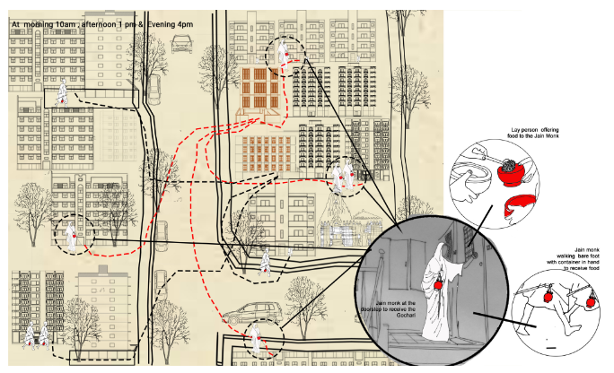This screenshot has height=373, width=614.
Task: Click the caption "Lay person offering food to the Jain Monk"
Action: [x=533, y=133]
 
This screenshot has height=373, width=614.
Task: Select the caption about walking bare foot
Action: [x=573, y=259]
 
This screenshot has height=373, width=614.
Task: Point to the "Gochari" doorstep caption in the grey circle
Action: [x=396, y=308]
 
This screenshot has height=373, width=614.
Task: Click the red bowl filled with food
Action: [x=511, y=173]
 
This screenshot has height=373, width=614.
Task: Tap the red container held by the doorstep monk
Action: [x=438, y=284]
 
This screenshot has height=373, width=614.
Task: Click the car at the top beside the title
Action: [x=181, y=44]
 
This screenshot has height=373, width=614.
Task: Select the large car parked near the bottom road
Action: [x=252, y=313]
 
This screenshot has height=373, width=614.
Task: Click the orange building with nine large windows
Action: [x=259, y=87]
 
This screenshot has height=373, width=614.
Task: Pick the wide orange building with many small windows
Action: [x=266, y=153]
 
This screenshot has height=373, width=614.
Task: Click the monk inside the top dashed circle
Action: [x=283, y=53]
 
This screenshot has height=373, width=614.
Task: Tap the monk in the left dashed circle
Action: [x=71, y=238]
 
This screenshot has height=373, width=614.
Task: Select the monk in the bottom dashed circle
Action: [x=256, y=339]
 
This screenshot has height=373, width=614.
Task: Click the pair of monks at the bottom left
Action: [x=37, y=336]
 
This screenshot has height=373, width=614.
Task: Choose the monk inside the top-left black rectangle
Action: [x=62, y=92]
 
